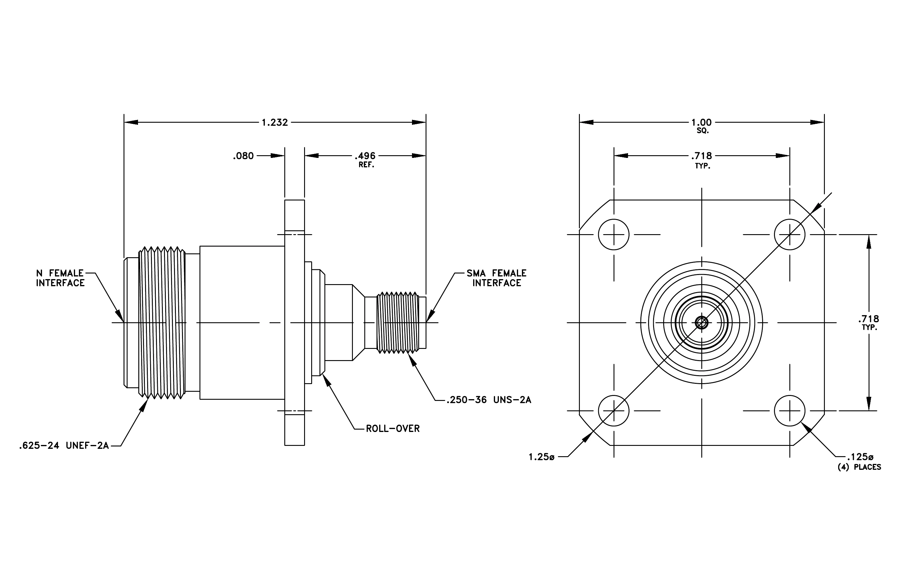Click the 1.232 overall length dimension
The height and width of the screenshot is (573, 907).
pos(275,122)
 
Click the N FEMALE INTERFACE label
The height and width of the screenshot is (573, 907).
pos(60,278)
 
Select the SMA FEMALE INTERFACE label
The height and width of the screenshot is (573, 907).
pos(497,278)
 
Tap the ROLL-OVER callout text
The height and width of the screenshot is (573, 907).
pos(393,429)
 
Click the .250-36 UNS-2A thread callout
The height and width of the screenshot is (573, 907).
pos(489,400)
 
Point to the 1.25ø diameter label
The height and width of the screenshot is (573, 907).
pos(542,457)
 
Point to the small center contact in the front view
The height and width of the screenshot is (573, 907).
pos(702,323)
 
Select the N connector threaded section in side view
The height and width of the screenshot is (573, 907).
pos(162,323)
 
